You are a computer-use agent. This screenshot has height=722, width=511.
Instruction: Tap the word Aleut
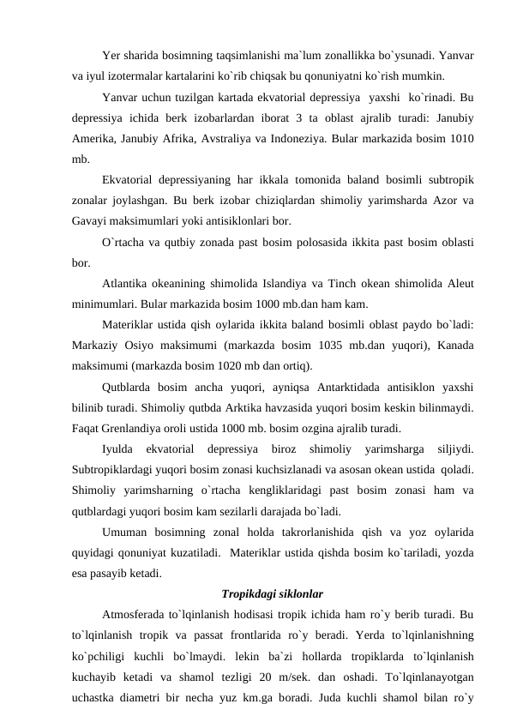point(461,284)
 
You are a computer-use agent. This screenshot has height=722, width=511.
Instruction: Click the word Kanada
point(456,346)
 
